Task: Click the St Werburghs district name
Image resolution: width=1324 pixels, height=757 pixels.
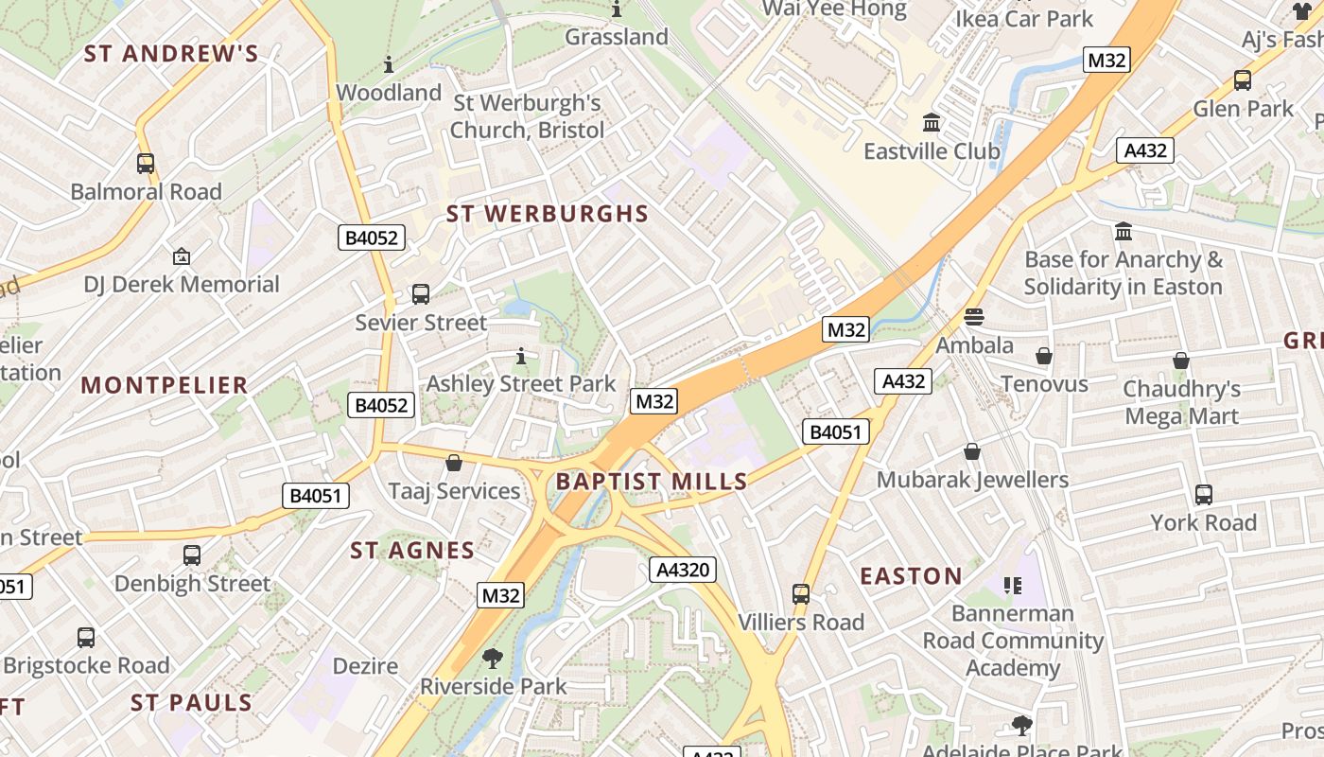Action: (x=547, y=214)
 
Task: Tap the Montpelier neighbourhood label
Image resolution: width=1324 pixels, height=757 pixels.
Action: (x=165, y=385)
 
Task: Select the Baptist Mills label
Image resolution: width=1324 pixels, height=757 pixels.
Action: (x=652, y=482)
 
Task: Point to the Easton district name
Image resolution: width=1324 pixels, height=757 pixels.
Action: (x=911, y=576)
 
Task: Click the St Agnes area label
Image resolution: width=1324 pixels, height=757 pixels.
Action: (x=412, y=551)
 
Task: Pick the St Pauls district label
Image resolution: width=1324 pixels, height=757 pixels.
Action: (x=192, y=702)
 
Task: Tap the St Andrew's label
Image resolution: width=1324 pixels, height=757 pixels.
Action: (x=171, y=53)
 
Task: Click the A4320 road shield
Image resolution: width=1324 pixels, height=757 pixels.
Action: (x=683, y=570)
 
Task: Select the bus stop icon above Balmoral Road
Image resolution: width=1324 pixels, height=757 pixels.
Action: (x=146, y=164)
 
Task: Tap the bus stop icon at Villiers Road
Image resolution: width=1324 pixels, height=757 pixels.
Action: (x=801, y=594)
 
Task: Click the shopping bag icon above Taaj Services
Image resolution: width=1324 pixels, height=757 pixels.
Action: (x=454, y=463)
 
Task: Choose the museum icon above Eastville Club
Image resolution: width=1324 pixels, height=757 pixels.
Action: (x=932, y=123)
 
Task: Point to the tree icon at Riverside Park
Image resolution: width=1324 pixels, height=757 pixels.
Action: (x=492, y=658)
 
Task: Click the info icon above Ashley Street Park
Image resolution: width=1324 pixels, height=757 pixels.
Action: (x=520, y=356)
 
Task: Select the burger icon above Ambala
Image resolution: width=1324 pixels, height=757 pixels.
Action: (x=974, y=316)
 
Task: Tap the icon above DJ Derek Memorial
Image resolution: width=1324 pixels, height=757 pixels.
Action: (x=182, y=255)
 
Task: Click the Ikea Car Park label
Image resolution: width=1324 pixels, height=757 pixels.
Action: (x=1023, y=19)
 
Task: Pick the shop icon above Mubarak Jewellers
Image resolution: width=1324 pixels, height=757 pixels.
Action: (x=972, y=451)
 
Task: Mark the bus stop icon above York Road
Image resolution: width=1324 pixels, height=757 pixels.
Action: (x=1204, y=494)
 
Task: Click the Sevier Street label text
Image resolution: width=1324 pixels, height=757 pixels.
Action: (x=421, y=323)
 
